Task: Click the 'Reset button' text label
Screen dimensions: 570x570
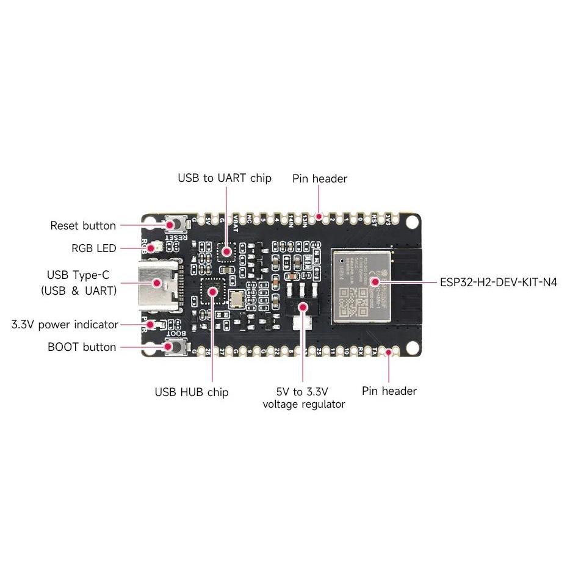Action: (x=82, y=226)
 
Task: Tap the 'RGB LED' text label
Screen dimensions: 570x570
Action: (x=93, y=248)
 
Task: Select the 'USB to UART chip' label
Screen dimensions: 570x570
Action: (x=224, y=178)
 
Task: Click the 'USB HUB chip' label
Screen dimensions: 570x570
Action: (x=191, y=392)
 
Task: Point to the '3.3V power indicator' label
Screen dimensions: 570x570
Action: (x=65, y=324)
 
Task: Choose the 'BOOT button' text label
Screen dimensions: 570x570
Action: (x=82, y=347)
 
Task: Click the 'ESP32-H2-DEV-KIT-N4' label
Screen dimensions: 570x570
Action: (x=498, y=283)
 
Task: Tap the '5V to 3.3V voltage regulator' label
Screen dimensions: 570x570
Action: (x=303, y=397)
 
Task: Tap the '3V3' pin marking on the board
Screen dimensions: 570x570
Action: (x=388, y=222)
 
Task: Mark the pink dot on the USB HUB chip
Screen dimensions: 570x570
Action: (x=212, y=291)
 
